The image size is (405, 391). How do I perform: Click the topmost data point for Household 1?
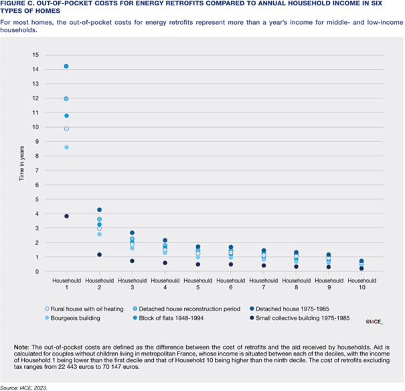pos(66,66)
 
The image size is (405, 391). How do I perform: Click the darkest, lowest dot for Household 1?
pos(66,216)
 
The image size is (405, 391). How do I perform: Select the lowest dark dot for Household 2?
pos(100,254)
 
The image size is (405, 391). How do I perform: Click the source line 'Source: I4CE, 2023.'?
pos(31,385)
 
